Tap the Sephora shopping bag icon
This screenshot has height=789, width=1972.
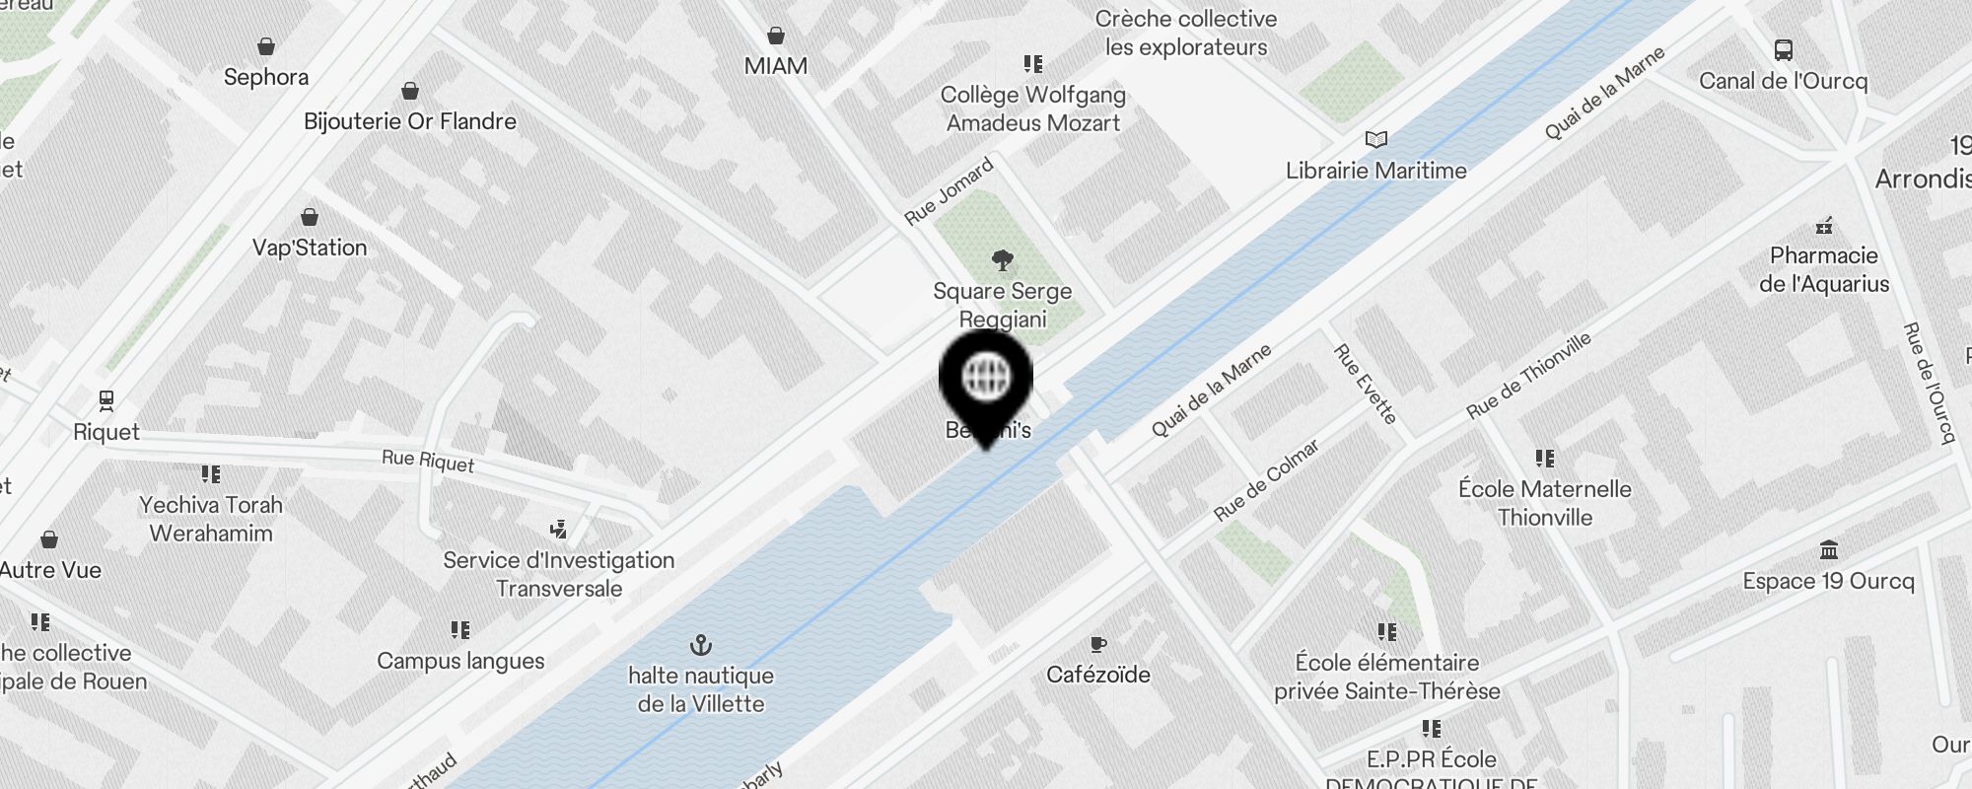click(266, 46)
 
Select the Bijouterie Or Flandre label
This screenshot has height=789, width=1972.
click(410, 121)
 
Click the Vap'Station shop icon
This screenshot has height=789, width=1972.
click(310, 217)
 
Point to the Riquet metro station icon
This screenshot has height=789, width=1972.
click(106, 400)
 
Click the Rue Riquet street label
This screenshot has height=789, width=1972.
click(428, 461)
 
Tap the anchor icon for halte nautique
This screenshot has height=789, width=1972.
click(700, 646)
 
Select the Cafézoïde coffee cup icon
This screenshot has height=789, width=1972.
click(1098, 645)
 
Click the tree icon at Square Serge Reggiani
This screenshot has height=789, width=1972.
click(1003, 261)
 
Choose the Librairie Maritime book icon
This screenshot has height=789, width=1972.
click(1375, 140)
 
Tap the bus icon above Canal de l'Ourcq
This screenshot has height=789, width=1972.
click(1783, 50)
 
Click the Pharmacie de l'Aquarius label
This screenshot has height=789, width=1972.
click(1824, 269)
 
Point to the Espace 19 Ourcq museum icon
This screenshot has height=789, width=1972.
click(1829, 550)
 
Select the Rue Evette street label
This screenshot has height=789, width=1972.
click(1365, 384)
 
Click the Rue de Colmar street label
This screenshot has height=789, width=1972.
click(1266, 480)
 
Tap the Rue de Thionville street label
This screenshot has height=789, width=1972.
click(1528, 375)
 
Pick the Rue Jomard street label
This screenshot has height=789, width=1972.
click(949, 191)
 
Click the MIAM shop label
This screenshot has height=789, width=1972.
click(776, 66)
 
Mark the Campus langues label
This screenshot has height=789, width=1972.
click(460, 661)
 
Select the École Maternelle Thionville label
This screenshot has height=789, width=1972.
click(1544, 503)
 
